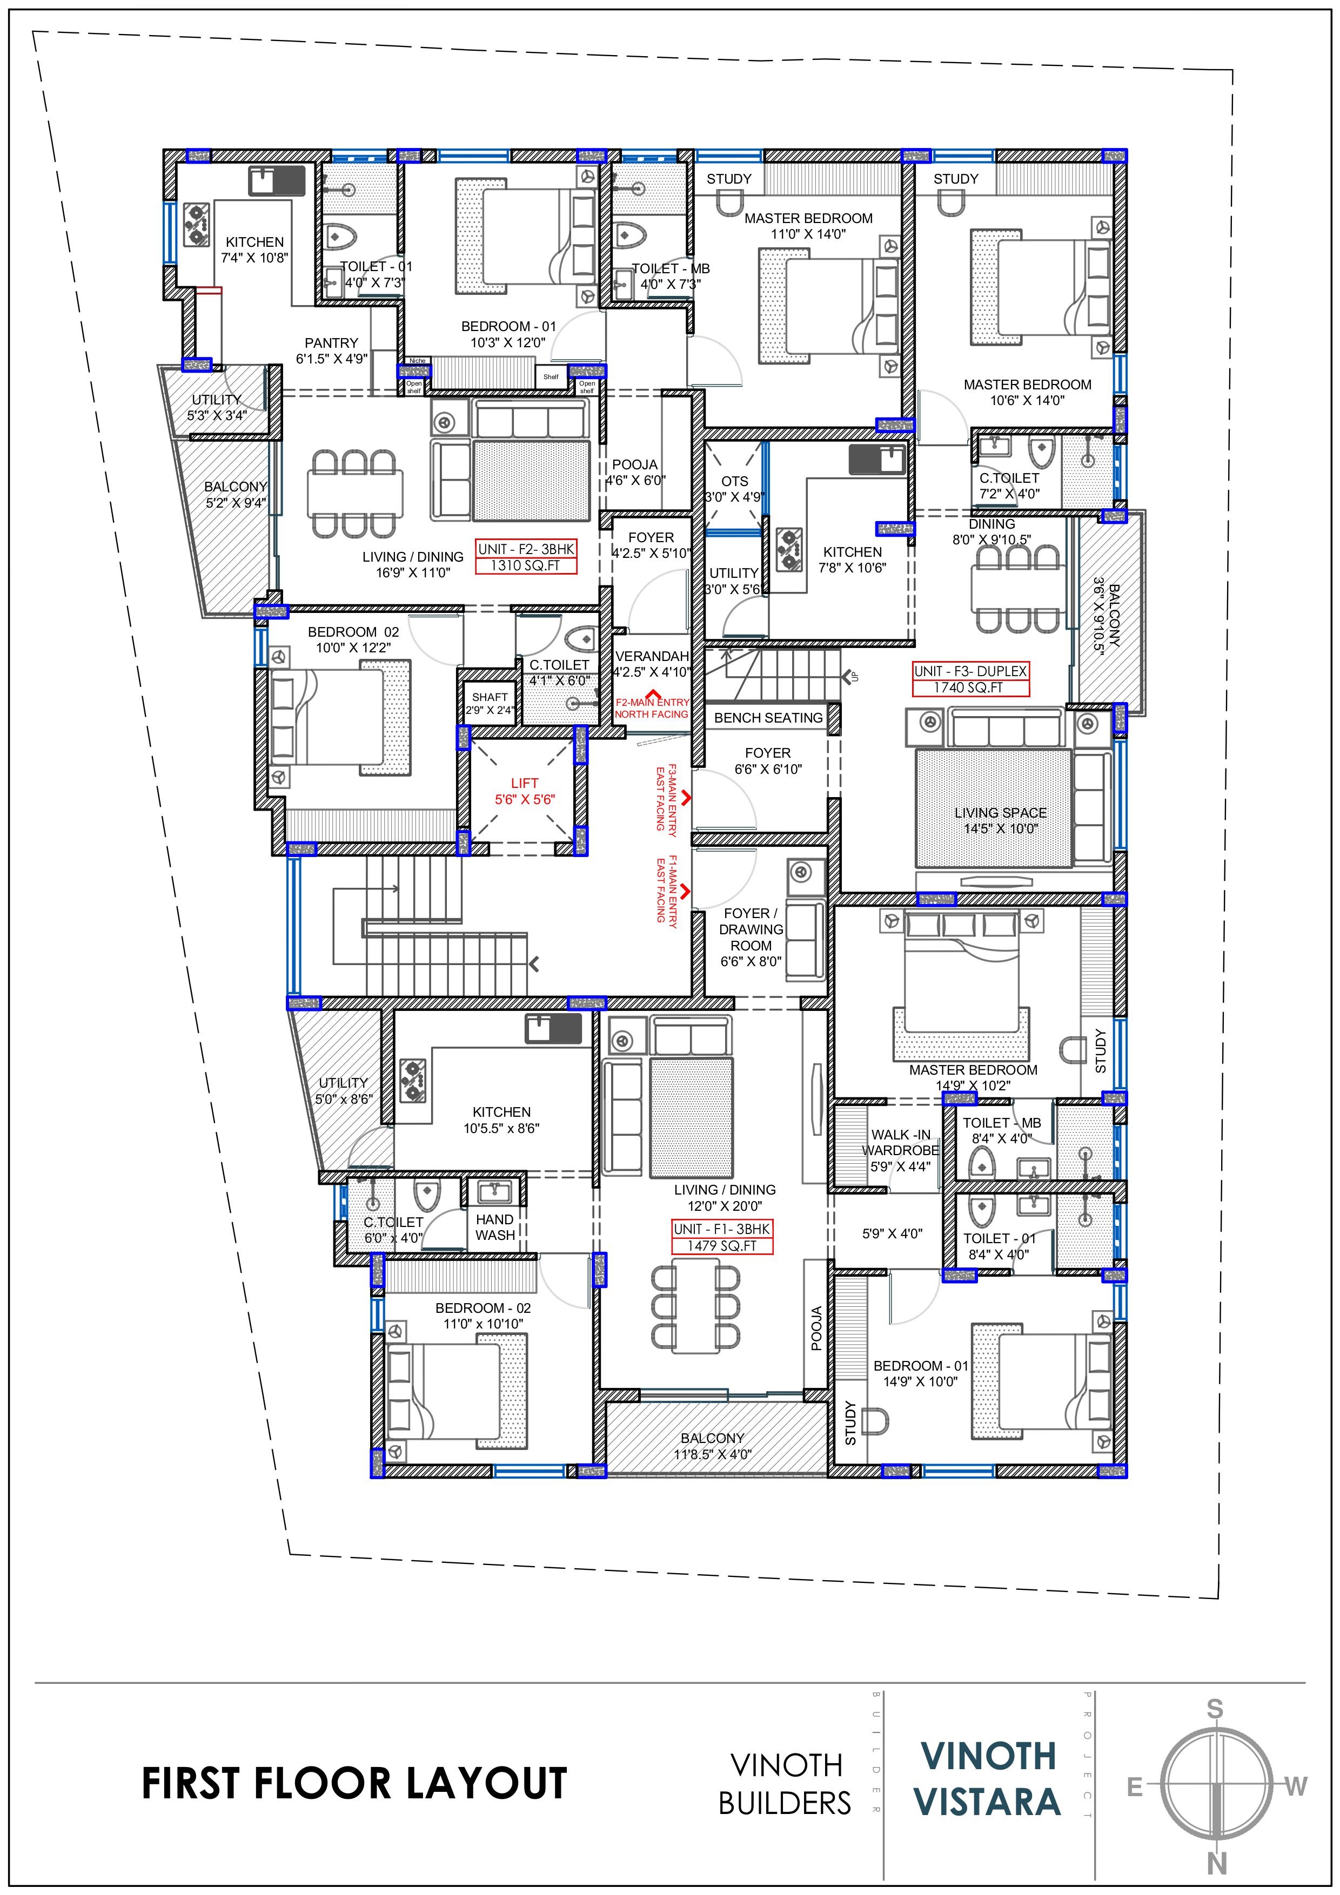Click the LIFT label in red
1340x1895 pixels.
(524, 783)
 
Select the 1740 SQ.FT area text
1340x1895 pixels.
(970, 687)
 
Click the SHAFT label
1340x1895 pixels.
(490, 697)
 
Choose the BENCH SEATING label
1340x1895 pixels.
(769, 718)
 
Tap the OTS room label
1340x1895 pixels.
(735, 481)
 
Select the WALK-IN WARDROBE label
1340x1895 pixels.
(901, 1142)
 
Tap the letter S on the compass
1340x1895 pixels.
(1215, 1709)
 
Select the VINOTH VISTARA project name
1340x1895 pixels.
(988, 1779)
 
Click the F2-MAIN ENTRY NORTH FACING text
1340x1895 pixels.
(652, 708)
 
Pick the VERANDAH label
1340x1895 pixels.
(652, 656)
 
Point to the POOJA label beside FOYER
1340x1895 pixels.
(635, 464)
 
